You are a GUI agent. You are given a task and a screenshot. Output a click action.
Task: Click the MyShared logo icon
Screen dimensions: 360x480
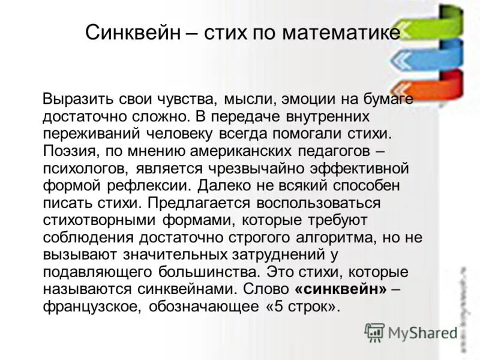point(374,332)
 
